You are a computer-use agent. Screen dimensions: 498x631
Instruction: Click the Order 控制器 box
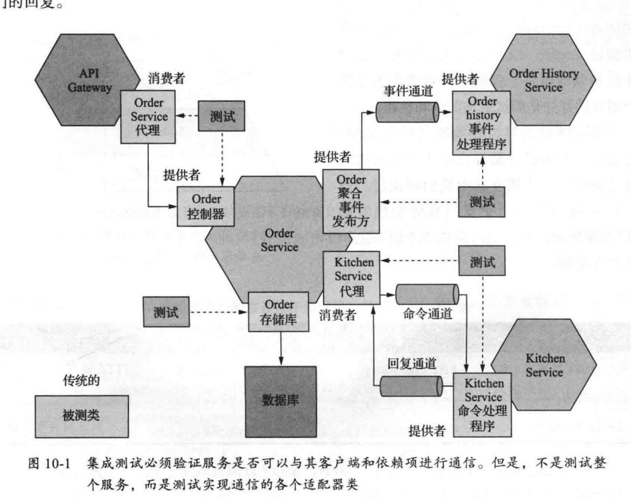click(201, 206)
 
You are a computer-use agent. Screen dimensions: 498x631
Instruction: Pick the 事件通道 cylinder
click(406, 109)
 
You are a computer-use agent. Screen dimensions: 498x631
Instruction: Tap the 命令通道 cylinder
click(425, 296)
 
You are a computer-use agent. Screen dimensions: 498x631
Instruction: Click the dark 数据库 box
click(281, 400)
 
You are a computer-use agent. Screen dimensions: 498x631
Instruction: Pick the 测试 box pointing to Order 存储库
click(166, 312)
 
